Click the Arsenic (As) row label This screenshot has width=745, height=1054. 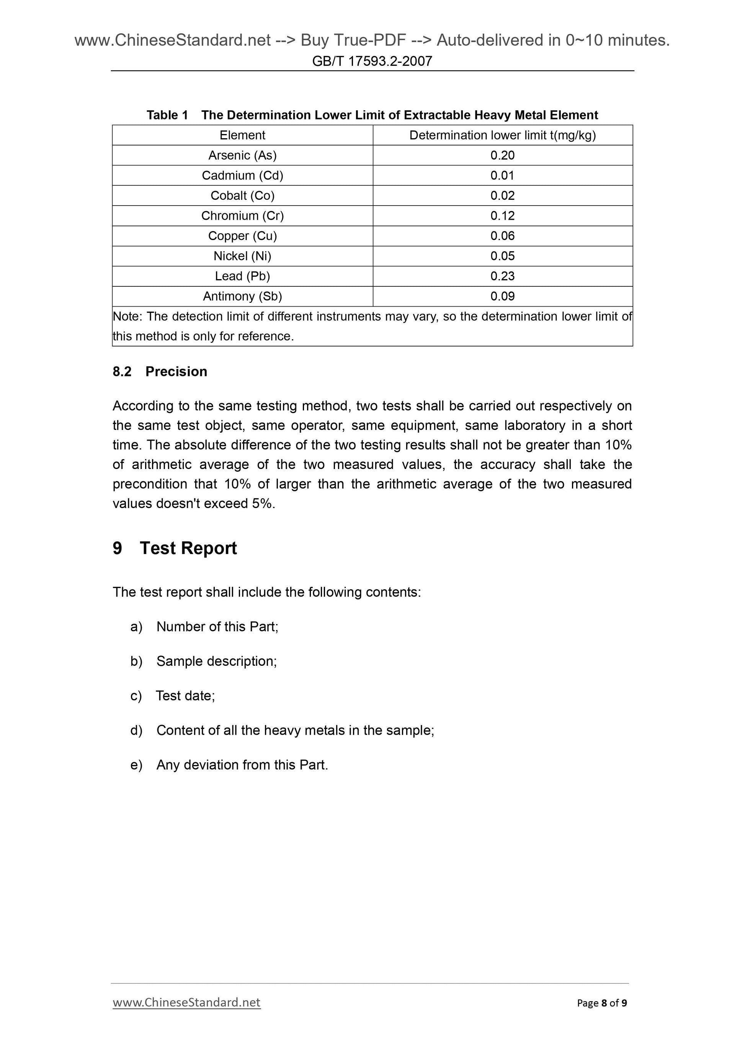(x=242, y=155)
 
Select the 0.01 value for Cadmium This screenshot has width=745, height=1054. (x=502, y=175)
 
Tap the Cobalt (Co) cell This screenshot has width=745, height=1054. (x=242, y=196)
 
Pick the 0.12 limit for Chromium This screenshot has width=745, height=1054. (x=502, y=216)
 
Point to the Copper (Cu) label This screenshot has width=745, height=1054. (x=242, y=236)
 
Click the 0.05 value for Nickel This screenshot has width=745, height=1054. (x=502, y=256)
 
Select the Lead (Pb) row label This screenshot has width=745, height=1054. (x=242, y=276)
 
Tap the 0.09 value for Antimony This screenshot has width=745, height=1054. (x=502, y=297)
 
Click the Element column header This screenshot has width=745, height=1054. (x=242, y=135)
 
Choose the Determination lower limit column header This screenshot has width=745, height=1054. (x=502, y=135)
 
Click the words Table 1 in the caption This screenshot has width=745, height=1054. (x=167, y=115)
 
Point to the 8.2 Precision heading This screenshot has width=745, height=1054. (x=160, y=371)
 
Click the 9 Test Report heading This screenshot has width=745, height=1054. (x=175, y=548)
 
